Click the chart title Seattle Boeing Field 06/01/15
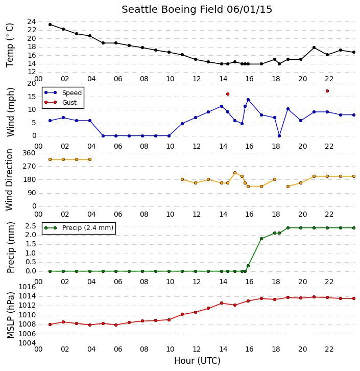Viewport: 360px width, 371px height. (x=197, y=10)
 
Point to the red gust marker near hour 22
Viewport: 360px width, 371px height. (x=327, y=91)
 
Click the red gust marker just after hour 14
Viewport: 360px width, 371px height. (x=228, y=94)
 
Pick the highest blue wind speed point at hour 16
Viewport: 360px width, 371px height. (x=248, y=100)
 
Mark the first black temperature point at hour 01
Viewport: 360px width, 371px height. (x=50, y=25)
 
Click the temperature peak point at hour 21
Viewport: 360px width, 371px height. (x=314, y=48)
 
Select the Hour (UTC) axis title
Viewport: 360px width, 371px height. (x=197, y=361)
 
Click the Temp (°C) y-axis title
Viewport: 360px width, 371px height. (x=10, y=45)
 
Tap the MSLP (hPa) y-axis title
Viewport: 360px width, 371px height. (x=10, y=316)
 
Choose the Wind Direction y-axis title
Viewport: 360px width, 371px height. (x=9, y=179)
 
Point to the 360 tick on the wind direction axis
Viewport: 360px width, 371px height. (x=29, y=153)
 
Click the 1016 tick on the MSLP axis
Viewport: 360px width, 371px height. (x=27, y=287)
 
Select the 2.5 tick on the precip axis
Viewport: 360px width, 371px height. (x=31, y=226)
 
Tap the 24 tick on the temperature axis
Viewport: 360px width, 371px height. (x=32, y=22)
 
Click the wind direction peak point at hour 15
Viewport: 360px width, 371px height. (x=235, y=173)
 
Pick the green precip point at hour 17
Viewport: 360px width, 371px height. (x=261, y=239)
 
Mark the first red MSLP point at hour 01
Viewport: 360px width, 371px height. (x=50, y=324)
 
